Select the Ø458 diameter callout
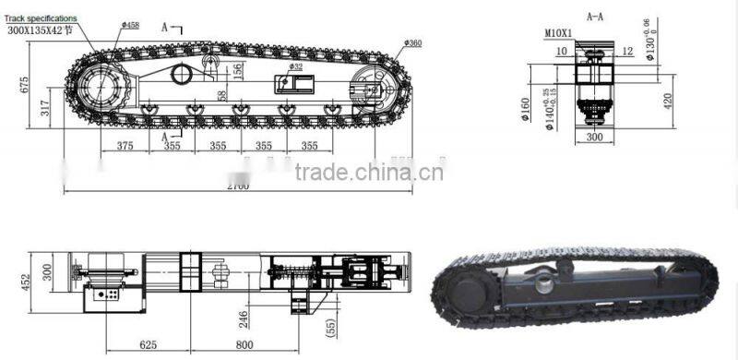click(x=128, y=24)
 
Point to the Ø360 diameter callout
click(x=412, y=42)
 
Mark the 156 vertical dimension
click(x=238, y=70)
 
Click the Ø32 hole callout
click(x=295, y=66)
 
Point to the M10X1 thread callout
click(x=558, y=33)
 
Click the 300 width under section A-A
click(x=594, y=137)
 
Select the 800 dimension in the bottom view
click(x=244, y=344)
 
